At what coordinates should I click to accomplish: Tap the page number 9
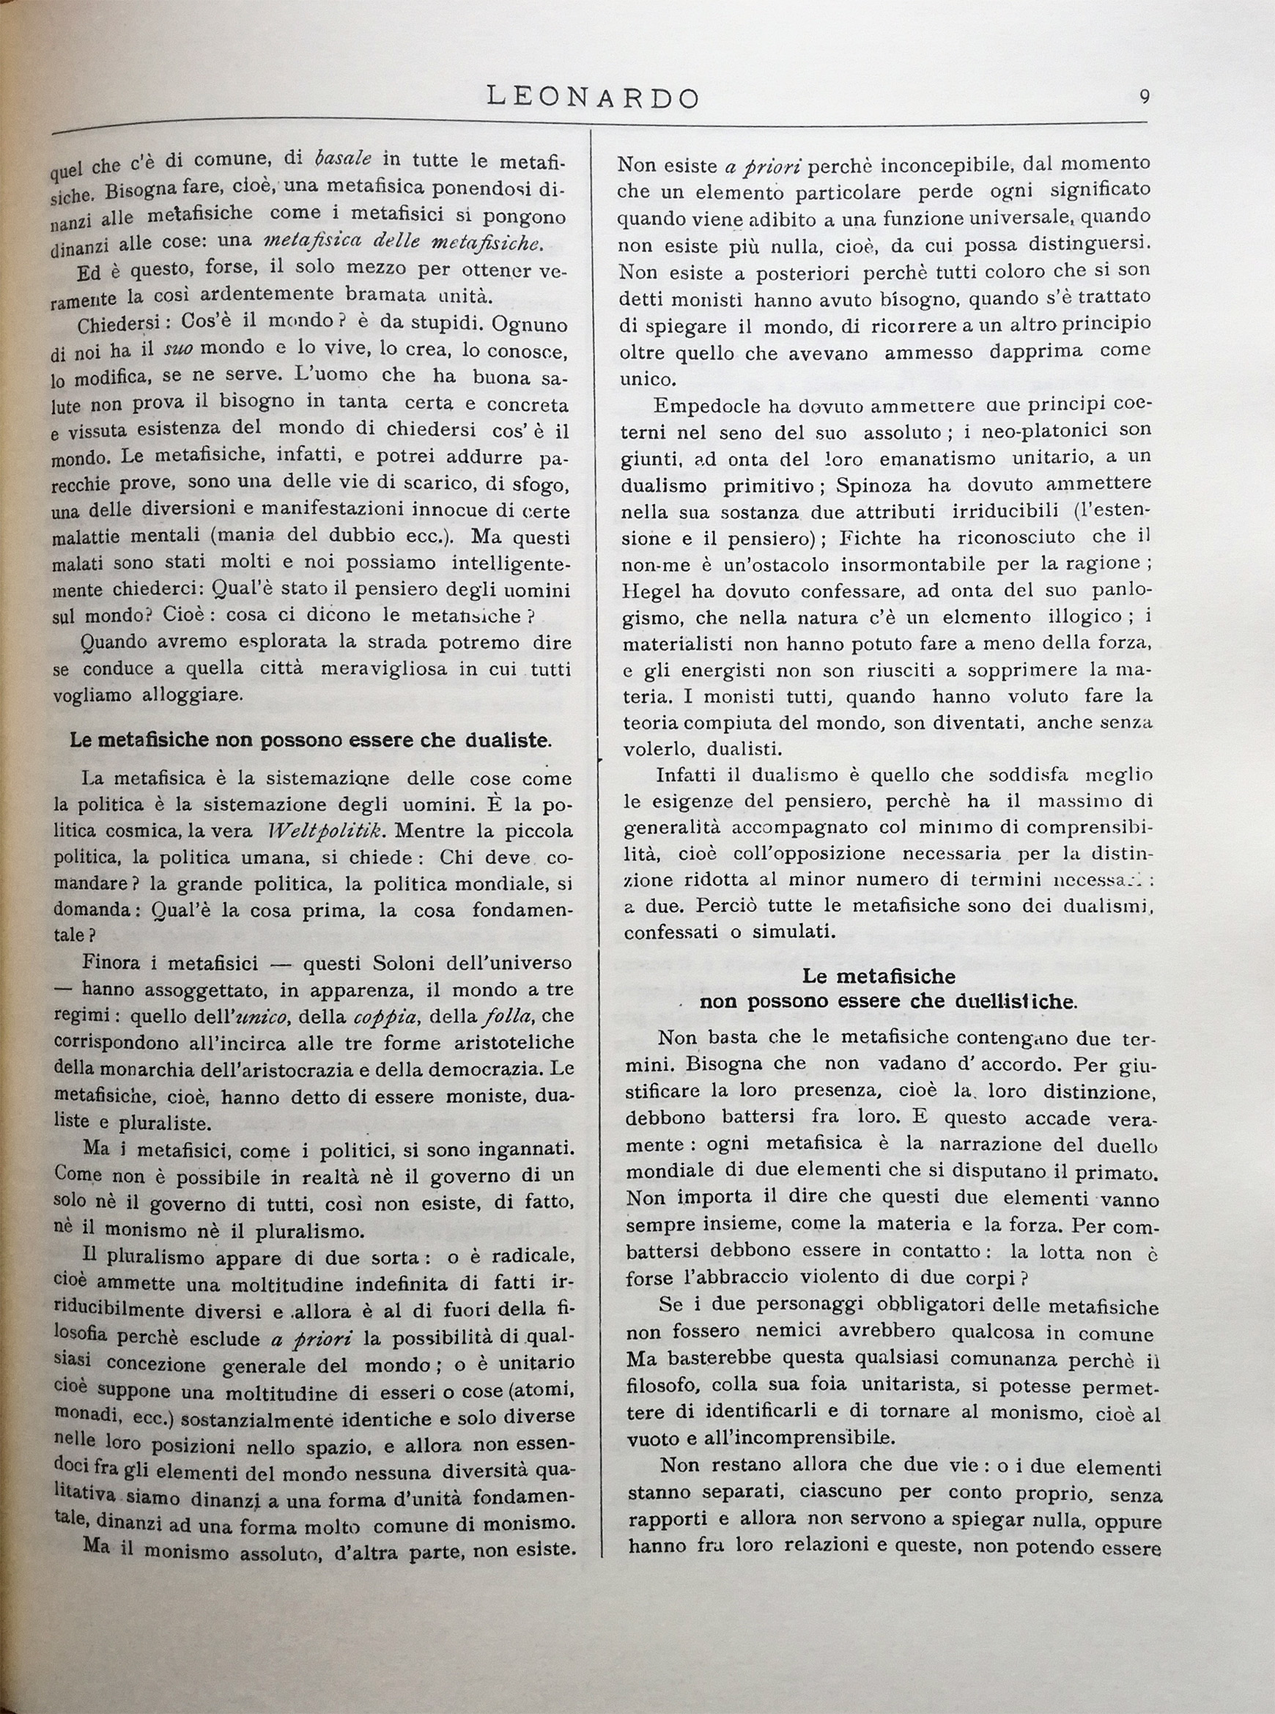(x=1144, y=97)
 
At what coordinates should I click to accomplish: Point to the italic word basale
(x=344, y=159)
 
